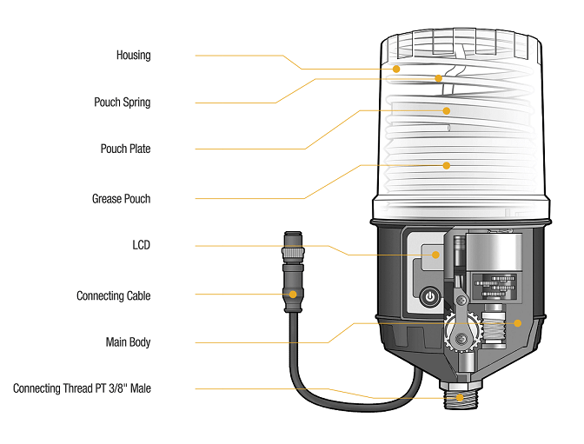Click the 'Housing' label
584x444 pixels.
[133, 56]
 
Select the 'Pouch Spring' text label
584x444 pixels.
[122, 103]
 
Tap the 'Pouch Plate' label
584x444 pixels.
[125, 149]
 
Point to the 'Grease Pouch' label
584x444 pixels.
[121, 199]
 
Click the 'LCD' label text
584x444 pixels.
[141, 246]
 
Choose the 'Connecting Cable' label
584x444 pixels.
[113, 296]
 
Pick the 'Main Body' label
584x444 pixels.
[128, 343]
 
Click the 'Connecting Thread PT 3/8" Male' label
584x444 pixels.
[82, 388]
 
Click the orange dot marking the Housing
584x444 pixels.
[396, 68]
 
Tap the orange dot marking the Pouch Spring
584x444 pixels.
[439, 78]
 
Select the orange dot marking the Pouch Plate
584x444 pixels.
[447, 110]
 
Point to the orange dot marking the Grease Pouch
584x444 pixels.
[447, 164]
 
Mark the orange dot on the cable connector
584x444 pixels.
[293, 295]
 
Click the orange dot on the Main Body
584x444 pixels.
[517, 323]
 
